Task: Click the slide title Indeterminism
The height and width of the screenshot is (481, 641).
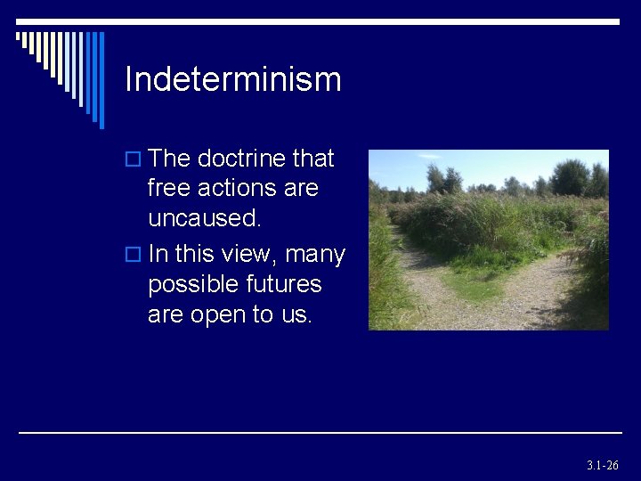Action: click(x=233, y=79)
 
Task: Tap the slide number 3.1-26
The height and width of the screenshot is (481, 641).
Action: click(x=602, y=466)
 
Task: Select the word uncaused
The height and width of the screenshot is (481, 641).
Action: click(x=205, y=219)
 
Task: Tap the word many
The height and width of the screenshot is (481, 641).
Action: click(x=315, y=255)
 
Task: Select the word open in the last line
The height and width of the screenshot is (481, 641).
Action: click(x=221, y=315)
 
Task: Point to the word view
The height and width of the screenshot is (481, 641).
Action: click(x=252, y=255)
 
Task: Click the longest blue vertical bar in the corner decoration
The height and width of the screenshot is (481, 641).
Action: click(x=101, y=80)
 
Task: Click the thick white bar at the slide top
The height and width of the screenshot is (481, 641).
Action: click(x=356, y=21)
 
